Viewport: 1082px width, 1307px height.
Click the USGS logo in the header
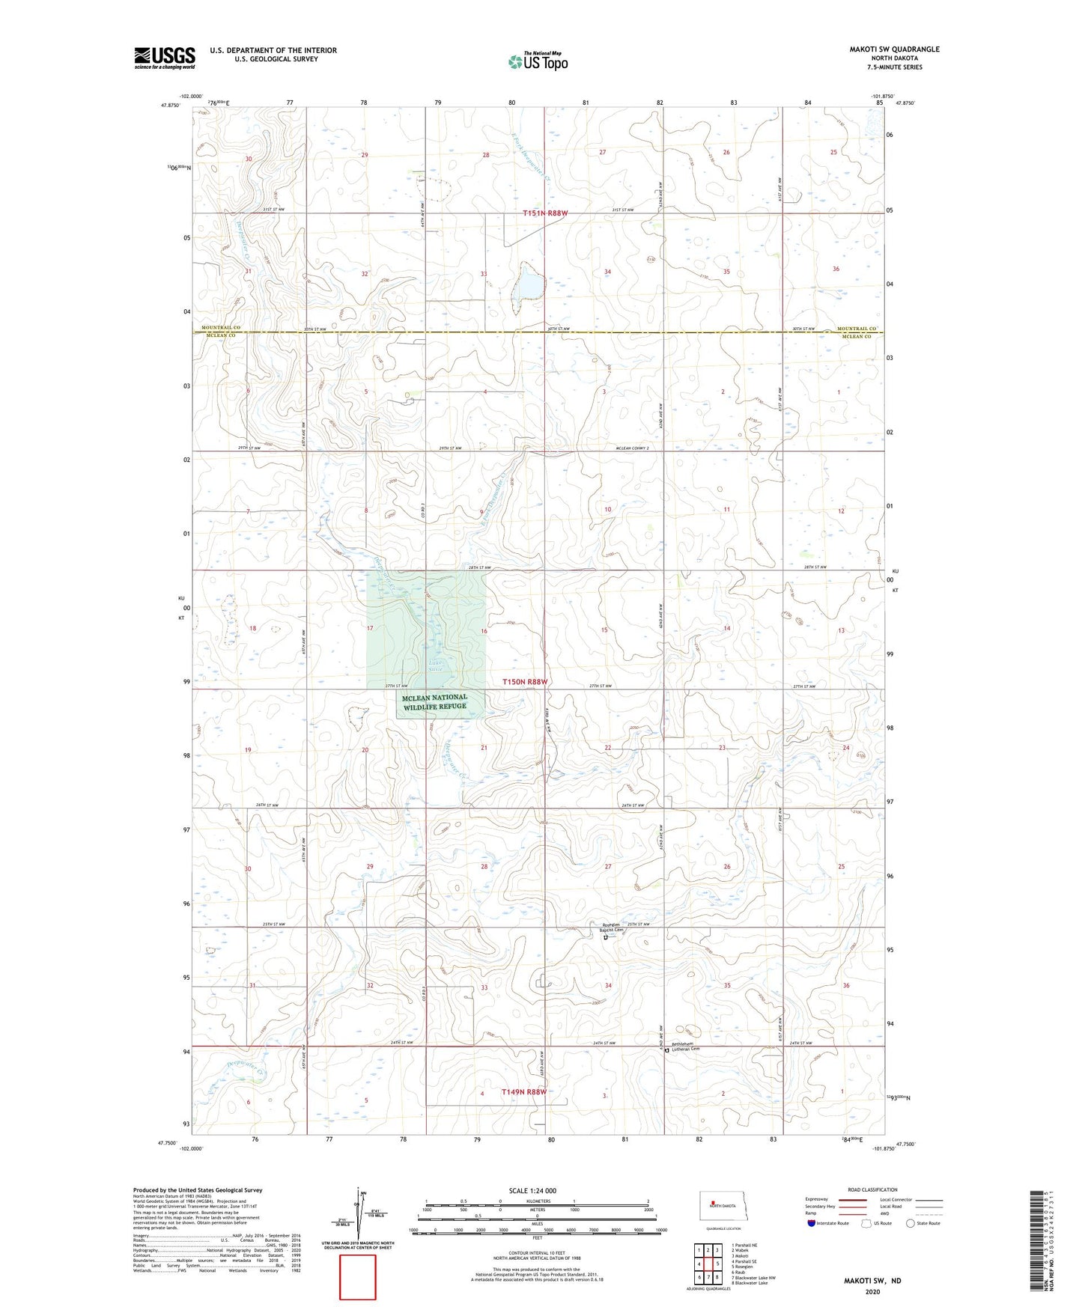coord(165,58)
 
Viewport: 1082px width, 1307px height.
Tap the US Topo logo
coord(538,61)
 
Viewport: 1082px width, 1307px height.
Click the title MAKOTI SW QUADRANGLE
coord(894,49)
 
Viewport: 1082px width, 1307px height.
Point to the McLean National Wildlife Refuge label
coord(435,701)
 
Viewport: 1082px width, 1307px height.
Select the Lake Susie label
coord(435,665)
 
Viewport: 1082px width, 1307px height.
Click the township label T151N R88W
coord(545,213)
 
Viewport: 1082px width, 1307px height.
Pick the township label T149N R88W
coord(523,1092)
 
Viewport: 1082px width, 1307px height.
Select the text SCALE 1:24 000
coord(532,1190)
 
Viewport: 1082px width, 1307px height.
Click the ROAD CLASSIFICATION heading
coord(872,1189)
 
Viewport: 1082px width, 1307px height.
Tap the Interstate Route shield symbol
coord(812,1223)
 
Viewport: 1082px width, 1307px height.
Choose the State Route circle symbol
coord(911,1223)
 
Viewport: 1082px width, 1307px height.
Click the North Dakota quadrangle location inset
coord(723,1207)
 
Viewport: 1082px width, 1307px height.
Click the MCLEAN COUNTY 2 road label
coord(630,448)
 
